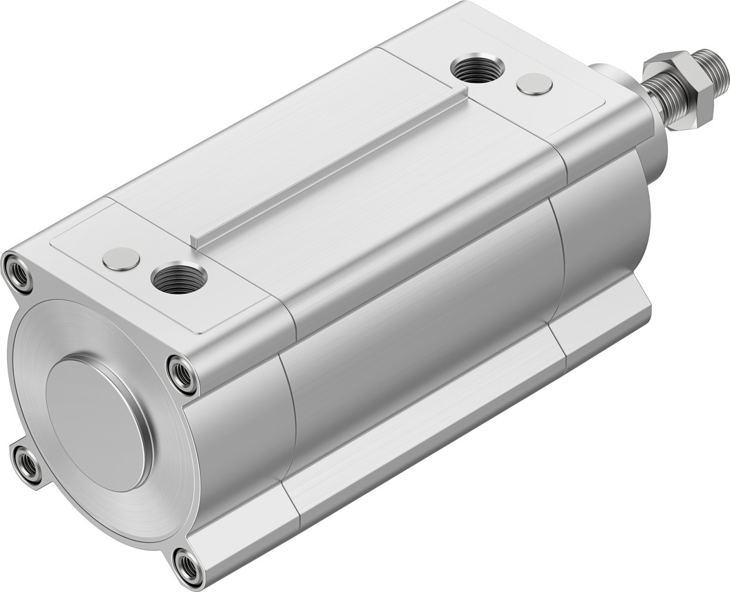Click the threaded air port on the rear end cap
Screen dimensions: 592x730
click(x=179, y=278)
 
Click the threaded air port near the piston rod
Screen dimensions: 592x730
click(x=477, y=68)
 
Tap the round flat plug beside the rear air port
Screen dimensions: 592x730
click(x=121, y=259)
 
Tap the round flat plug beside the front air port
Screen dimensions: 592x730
click(x=534, y=84)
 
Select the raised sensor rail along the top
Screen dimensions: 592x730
click(x=332, y=169)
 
